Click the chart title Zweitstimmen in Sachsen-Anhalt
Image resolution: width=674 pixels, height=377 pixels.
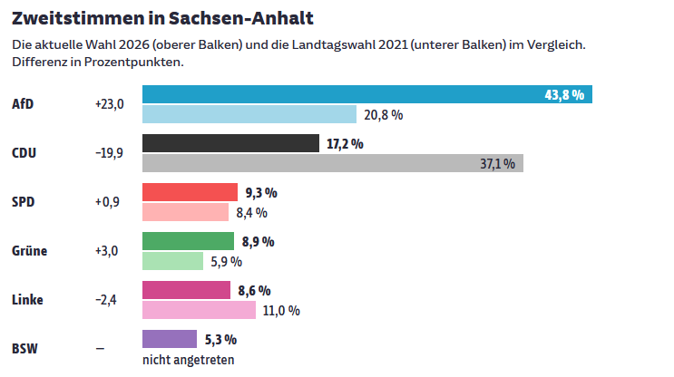coord(162,18)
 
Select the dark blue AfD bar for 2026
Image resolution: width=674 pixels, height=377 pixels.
coord(367,94)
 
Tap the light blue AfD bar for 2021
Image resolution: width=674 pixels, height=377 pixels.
coord(249,114)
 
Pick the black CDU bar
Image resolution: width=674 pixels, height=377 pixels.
coord(230,143)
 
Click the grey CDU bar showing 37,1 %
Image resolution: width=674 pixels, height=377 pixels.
coord(333,163)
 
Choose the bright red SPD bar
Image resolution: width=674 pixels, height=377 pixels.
coord(190,192)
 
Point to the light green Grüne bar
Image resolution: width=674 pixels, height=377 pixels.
coord(172,261)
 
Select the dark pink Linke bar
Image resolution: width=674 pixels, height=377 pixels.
coord(186,290)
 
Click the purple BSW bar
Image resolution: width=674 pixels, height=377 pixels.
coord(170,339)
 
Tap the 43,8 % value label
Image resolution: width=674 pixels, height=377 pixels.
coord(564,95)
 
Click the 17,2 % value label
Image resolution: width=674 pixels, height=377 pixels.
coord(345,144)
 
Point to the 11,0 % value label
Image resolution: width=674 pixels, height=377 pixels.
coord(281,311)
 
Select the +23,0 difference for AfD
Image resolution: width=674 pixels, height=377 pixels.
coord(109,104)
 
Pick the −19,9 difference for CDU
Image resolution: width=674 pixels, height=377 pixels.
coord(109,153)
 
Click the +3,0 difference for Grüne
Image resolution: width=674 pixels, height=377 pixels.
coord(106,251)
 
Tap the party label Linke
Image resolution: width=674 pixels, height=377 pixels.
coord(27,300)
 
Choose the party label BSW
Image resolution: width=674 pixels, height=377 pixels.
coord(24,349)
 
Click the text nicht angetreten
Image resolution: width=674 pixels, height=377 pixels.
coord(189,360)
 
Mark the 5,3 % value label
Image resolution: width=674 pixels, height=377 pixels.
coord(220,340)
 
